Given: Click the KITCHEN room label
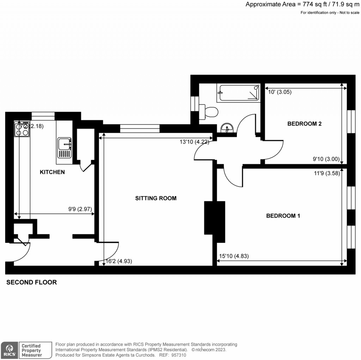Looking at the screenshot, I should pos(52,172).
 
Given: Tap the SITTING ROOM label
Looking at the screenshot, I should pos(156,198).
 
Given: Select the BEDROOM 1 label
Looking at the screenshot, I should pos(283,216).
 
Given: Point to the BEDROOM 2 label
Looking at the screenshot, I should pos(304,124).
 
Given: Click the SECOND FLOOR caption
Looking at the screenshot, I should pos(32,282).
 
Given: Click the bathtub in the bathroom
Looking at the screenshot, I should pos(238,93).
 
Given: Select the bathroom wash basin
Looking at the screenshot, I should pos(227,128).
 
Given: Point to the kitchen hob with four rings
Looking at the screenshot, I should pos(22,130).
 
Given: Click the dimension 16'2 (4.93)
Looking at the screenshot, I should pos(120,262).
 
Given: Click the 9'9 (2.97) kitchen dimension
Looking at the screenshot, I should pos(80,209).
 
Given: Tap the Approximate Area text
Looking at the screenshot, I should pos(302,4).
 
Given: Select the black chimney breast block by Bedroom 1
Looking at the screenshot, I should pos(214,222).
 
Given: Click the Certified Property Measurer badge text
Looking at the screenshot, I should pos(32,350).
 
